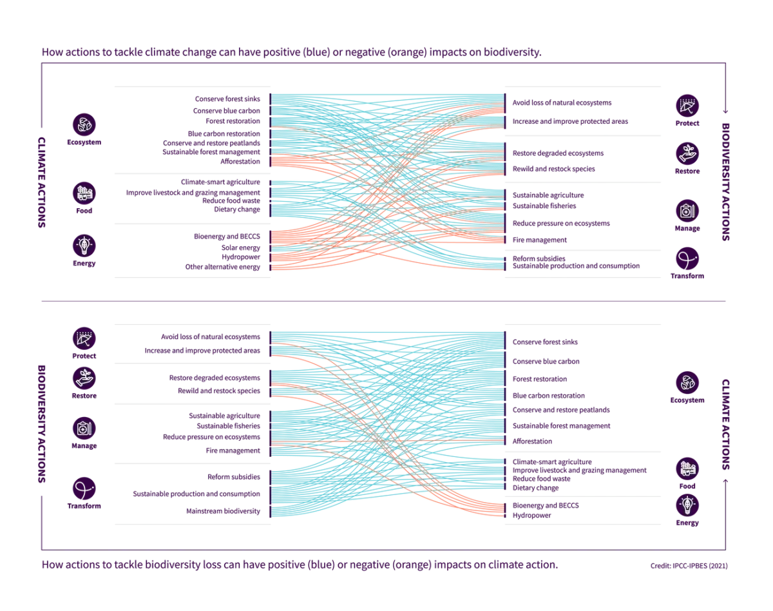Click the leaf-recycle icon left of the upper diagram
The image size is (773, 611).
[x=84, y=124]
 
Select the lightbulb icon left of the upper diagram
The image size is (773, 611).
[x=84, y=245]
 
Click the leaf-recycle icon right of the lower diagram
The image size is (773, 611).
[x=688, y=383]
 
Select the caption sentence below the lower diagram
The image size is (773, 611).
[x=296, y=565]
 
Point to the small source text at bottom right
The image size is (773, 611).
[x=689, y=567]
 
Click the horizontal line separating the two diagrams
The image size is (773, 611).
[x=386, y=302]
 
